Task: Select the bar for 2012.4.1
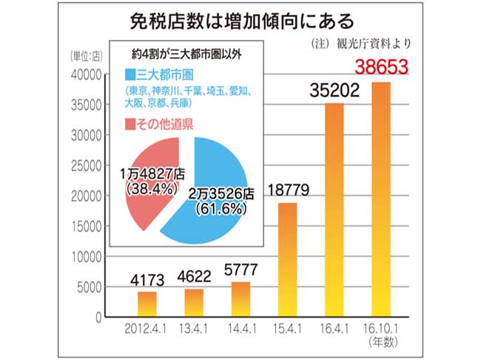tap(147, 304)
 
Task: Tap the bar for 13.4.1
tap(195, 302)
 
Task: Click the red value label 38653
tap(382, 67)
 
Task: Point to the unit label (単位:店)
tap(87, 56)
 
